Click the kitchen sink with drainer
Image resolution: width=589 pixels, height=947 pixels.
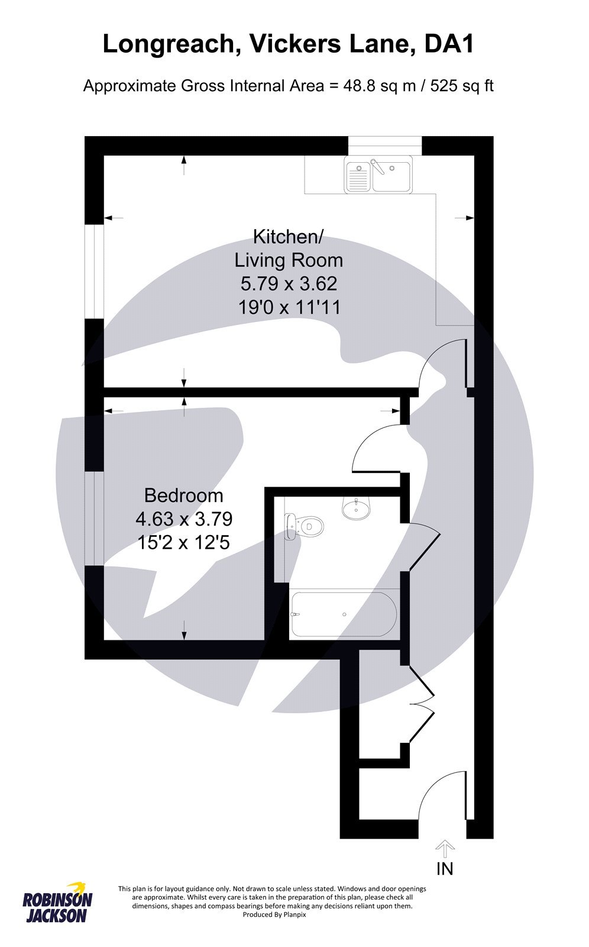(379, 176)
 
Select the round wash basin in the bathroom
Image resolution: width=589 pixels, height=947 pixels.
(356, 507)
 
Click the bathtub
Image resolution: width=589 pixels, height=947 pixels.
(344, 614)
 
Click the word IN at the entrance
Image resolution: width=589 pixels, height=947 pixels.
(445, 868)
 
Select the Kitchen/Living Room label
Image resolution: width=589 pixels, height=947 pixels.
(289, 248)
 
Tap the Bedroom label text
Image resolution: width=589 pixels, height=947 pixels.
(184, 495)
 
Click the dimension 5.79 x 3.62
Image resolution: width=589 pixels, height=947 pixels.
(289, 284)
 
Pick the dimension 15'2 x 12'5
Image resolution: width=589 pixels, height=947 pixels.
(184, 542)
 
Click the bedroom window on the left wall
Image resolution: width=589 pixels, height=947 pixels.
(93, 518)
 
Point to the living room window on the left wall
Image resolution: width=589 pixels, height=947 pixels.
(93, 272)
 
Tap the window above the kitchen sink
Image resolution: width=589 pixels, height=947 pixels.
(385, 145)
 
